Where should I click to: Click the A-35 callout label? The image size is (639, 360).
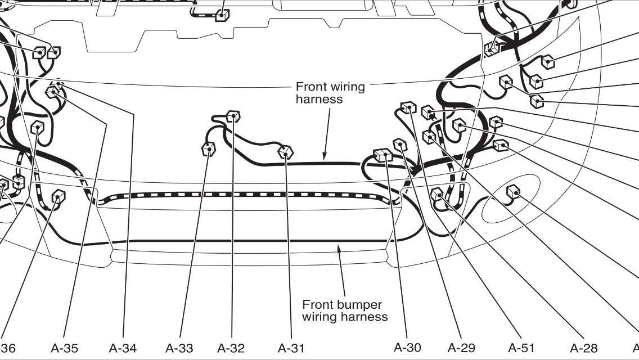64,348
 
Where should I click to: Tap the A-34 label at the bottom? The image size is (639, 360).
122,348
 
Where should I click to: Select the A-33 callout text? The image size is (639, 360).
180,348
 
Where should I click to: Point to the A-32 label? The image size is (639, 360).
231,348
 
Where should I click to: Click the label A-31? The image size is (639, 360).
291,348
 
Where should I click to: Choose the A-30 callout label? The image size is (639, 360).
407,347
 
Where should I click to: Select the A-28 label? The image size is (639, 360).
583,348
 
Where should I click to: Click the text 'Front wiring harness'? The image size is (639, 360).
330,93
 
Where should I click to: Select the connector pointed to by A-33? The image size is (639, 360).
209,149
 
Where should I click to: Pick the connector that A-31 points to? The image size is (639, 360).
286,152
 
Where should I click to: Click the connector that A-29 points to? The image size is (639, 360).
400,145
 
